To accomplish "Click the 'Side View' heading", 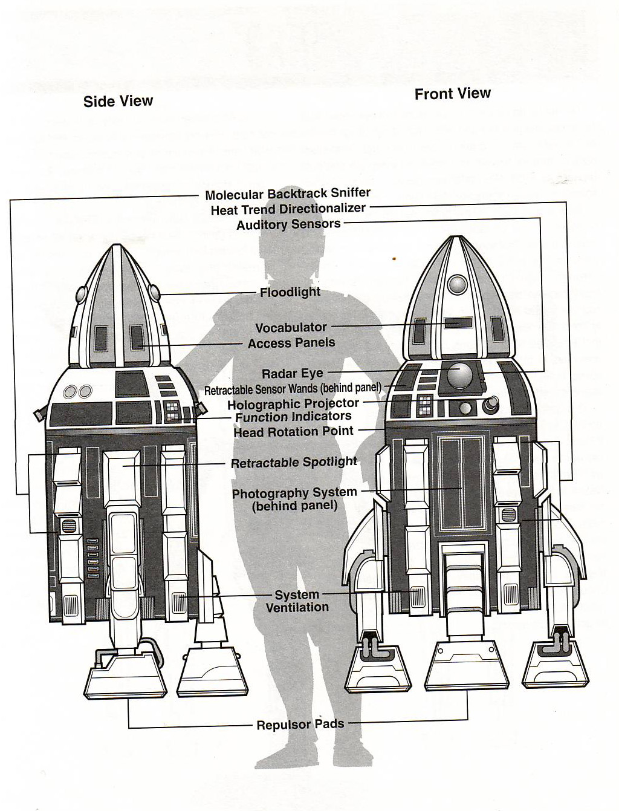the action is click(118, 101).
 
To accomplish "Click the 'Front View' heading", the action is click(452, 94).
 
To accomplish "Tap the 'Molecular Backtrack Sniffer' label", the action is click(288, 194).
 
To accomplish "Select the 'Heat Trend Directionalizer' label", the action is click(288, 209).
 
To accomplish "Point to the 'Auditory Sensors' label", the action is click(288, 224).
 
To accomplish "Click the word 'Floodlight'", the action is click(290, 293).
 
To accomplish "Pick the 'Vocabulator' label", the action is click(291, 327).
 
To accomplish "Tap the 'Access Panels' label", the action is click(291, 344).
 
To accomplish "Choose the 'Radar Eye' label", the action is click(292, 374).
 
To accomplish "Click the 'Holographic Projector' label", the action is click(293, 404).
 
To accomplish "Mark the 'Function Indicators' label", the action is click(293, 417).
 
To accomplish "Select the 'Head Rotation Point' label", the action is click(294, 432).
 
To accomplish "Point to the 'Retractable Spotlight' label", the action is click(294, 462).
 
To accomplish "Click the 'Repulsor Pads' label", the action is click(300, 725).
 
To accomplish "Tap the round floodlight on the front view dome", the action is click(457, 284).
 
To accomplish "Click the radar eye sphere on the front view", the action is click(459, 376).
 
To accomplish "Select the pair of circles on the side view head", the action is click(77, 391).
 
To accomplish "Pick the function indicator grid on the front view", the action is click(425, 405).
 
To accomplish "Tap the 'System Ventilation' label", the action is click(297, 601).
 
